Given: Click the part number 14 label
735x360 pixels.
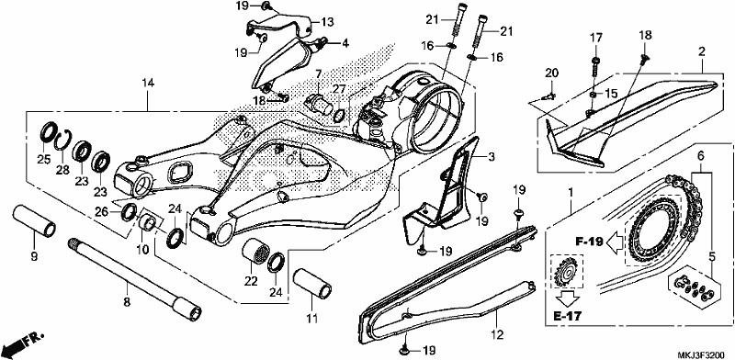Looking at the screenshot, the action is pos(148,84).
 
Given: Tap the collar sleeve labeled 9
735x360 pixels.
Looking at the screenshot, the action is pos(34,220).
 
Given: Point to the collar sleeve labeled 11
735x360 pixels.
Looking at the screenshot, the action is pos(312,282).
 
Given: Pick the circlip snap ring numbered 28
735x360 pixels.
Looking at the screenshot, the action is pos(62,140).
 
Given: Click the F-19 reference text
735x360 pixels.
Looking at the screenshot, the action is pos(589,242).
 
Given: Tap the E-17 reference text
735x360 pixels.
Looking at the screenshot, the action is pos(568,317).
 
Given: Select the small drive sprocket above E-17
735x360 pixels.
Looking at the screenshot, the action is pos(567,272).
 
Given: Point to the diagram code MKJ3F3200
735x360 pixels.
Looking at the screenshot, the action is pos(703,354).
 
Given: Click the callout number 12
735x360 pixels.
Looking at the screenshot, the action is pos(497,335).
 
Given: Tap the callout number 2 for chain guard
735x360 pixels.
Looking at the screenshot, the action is pos(702,52).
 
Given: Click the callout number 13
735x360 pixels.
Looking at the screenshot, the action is pos(327,21).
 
